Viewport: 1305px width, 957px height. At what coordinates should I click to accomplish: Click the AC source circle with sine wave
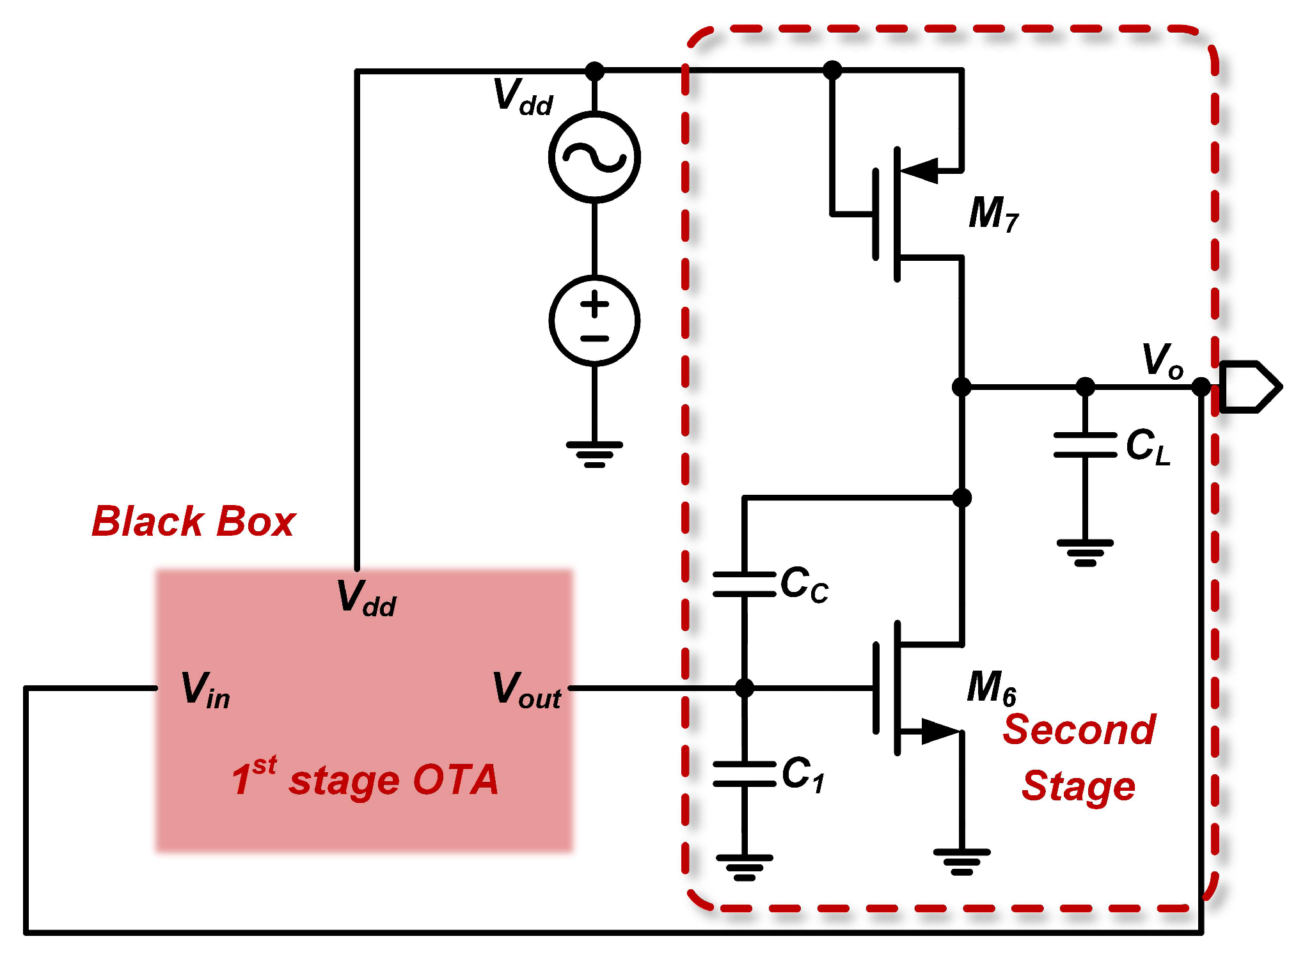point(594,157)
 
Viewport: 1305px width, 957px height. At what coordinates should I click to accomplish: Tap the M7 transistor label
point(993,214)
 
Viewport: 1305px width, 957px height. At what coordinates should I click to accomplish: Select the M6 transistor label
point(991,688)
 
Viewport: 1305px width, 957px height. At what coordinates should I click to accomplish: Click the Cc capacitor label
point(804,584)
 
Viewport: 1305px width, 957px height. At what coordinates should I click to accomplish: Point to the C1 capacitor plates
point(744,774)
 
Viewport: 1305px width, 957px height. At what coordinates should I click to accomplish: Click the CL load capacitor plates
point(1085,445)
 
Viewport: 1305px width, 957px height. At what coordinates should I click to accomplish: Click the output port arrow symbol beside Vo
point(1248,387)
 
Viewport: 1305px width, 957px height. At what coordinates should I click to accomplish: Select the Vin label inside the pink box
point(205,690)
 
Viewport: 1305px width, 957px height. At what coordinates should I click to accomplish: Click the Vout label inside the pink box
point(526,690)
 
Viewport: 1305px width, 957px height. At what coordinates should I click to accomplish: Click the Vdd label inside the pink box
point(367,598)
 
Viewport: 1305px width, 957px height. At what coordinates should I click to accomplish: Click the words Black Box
point(193,522)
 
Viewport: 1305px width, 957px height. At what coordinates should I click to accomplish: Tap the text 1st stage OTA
point(365,779)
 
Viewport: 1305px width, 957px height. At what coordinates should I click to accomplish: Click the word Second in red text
point(1079,729)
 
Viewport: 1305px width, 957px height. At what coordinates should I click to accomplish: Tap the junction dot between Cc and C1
point(744,688)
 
